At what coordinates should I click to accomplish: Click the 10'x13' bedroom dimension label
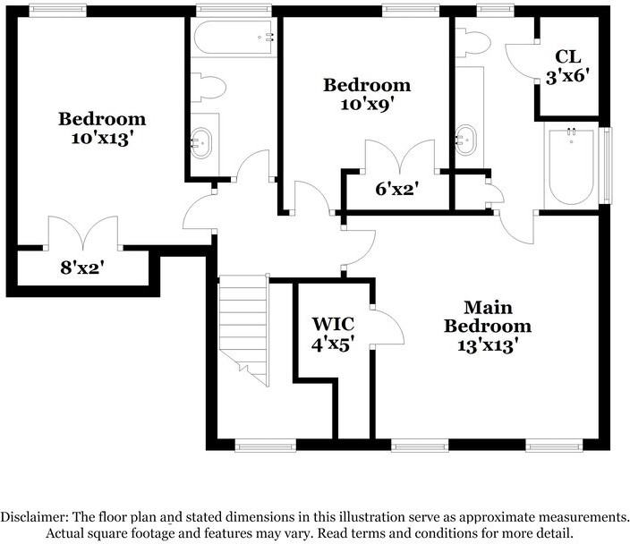102,139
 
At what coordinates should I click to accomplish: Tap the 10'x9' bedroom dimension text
366,105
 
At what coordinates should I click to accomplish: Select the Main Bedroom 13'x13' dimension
488,345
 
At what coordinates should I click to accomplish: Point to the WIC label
333,323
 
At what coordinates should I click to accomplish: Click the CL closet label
567,56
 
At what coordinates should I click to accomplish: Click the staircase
243,330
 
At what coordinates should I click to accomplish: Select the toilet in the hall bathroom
208,87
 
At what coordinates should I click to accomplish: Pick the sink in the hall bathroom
200,143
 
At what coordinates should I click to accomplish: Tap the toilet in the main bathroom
473,42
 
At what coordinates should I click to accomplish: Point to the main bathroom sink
466,140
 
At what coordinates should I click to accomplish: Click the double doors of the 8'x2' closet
83,233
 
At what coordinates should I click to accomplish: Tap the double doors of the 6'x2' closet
400,157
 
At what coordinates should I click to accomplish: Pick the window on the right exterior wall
606,166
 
